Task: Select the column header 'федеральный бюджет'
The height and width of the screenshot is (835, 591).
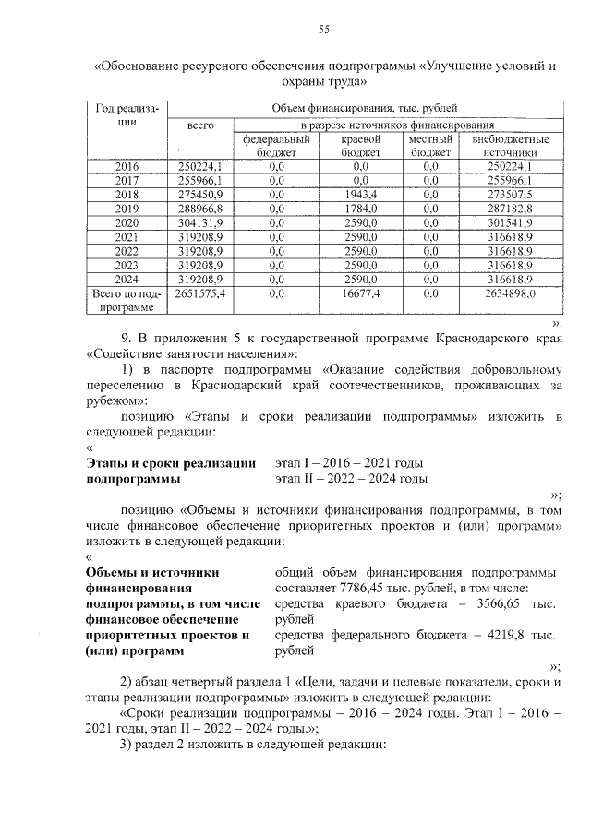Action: point(276,146)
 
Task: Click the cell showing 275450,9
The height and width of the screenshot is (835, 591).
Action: point(200,195)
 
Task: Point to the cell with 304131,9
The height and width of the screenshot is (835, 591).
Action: point(200,222)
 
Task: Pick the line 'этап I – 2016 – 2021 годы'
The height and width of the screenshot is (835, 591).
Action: point(352,462)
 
